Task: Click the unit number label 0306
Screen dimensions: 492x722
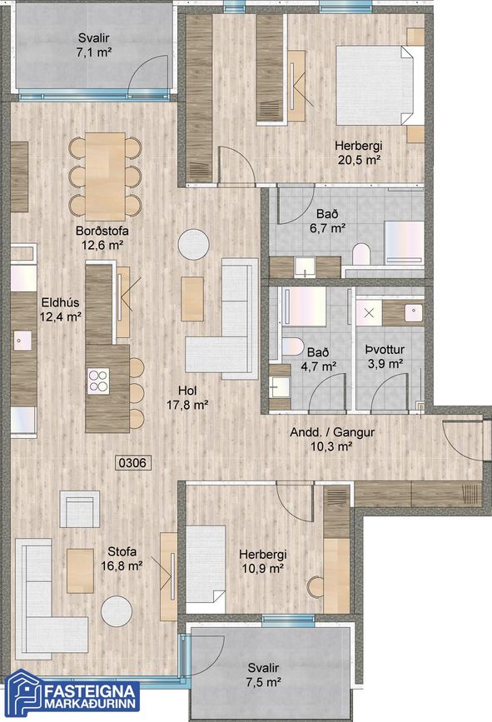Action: [133, 463]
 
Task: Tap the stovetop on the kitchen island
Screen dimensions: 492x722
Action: [98, 381]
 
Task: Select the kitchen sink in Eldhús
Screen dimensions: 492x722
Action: [22, 341]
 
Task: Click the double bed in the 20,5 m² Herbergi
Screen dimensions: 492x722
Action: [380, 85]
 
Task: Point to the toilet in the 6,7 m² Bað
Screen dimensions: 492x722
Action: [361, 255]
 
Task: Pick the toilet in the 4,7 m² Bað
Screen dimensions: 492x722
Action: [293, 346]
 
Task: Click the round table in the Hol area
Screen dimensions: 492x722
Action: [194, 244]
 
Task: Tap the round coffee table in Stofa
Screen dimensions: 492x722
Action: [117, 611]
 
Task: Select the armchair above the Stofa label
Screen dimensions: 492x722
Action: [80, 509]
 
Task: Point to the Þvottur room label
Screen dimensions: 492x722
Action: [385, 350]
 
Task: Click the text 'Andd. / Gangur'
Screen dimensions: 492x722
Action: [332, 432]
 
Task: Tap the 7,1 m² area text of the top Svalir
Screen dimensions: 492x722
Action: [94, 52]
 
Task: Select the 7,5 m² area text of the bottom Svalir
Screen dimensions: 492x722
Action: [264, 681]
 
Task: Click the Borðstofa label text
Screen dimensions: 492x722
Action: [102, 231]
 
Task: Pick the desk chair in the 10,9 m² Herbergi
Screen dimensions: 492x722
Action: [316, 586]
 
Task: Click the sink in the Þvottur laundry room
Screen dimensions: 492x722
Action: [414, 313]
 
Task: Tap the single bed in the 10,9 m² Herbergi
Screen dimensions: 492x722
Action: [206, 570]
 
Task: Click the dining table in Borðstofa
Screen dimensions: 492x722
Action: [105, 177]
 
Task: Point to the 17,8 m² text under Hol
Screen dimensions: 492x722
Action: [187, 406]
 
